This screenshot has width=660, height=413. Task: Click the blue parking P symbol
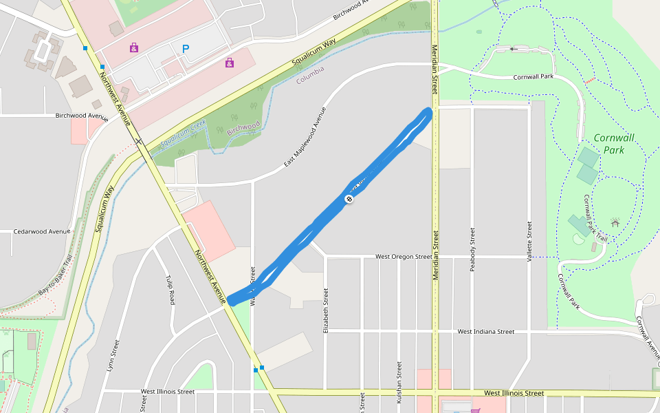185,49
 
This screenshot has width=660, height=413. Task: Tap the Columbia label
310,76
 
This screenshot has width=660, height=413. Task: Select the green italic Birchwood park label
243,128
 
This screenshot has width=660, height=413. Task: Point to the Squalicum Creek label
184,134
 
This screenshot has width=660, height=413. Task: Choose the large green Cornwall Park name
614,143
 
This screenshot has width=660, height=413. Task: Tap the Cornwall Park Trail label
596,218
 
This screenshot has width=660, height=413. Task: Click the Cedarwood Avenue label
42,232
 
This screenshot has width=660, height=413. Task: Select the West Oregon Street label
404,257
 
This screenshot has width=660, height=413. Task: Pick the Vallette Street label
529,241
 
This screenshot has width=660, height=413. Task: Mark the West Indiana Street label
486,332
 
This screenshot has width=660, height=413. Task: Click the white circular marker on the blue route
349,199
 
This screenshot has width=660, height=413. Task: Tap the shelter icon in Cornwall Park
615,222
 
